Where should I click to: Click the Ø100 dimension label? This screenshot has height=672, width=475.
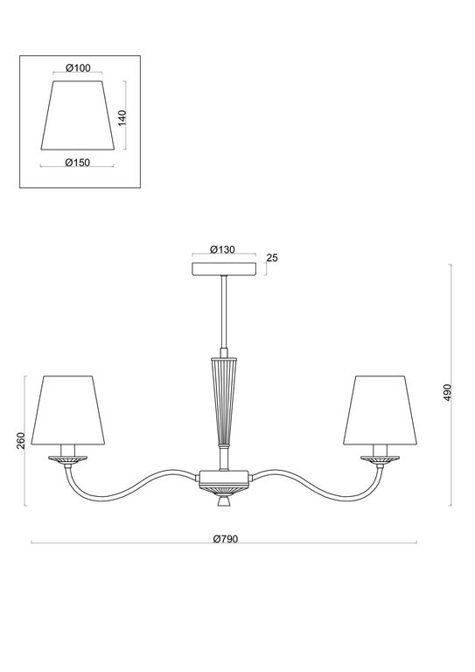[79, 69]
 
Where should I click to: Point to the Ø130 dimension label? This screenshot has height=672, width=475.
[224, 249]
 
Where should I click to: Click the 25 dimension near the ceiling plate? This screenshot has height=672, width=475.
[271, 258]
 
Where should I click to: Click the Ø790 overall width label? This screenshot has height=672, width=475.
[225, 539]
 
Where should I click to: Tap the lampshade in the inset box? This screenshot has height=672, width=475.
[79, 115]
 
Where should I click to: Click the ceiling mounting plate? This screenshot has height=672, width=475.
[225, 268]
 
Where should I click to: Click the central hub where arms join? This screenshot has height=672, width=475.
[225, 478]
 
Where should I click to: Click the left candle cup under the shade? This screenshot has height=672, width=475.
[68, 457]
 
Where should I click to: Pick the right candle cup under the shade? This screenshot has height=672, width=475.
[381, 457]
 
